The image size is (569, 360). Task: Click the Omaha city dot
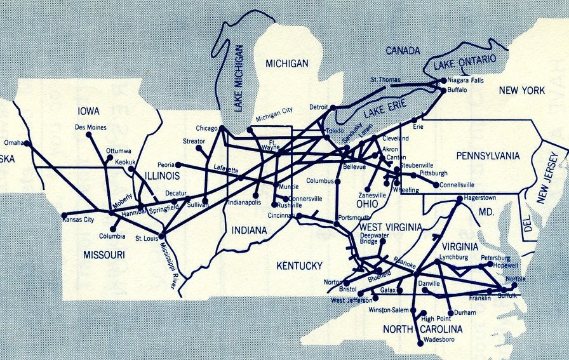coord(27,143)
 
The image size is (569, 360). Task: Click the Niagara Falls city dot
coord(443,81)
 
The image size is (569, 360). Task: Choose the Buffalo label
coord(457,91)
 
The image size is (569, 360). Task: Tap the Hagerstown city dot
coord(459,199)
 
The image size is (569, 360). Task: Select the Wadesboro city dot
coord(420,344)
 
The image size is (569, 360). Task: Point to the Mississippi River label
coord(166,261)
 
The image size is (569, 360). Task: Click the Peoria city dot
coord(178,165)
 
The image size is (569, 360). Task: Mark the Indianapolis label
coord(244,203)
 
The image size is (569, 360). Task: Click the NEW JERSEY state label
coord(550,179)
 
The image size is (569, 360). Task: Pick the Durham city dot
coord(450,313)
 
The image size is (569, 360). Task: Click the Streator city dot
coord(199,149)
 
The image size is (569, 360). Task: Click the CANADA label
coord(404,50)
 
